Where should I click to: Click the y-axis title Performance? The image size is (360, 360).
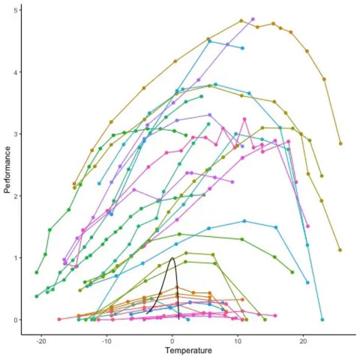[7, 169]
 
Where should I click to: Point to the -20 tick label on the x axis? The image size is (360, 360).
[41, 341]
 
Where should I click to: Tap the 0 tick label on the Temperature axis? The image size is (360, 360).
[172, 341]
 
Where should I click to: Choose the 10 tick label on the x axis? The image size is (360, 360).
[238, 341]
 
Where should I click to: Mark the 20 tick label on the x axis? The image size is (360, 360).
[303, 341]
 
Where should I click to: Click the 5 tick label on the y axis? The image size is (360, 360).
[17, 10]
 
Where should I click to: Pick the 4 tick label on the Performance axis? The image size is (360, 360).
[17, 72]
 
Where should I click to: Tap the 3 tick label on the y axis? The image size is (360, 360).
[17, 134]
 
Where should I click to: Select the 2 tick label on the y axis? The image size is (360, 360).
[17, 196]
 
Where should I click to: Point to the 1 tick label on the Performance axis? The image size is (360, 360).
[17, 258]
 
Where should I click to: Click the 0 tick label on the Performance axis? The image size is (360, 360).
[17, 319]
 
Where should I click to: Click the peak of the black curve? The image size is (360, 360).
[172, 258]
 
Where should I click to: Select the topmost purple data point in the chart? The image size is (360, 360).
[253, 19]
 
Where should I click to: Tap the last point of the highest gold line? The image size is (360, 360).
[340, 143]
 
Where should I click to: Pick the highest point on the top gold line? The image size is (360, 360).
[241, 21]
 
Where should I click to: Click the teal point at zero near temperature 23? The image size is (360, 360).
[322, 319]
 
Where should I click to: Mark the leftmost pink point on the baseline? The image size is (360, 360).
[59, 319]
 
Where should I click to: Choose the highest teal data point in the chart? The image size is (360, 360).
[209, 41]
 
